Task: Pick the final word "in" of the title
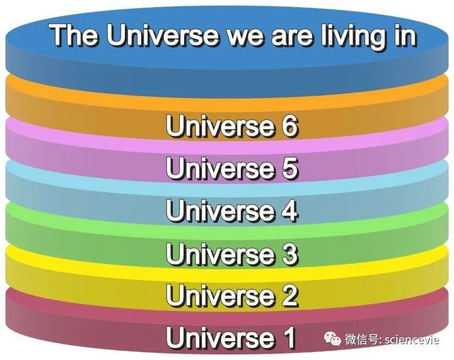pyautogui.click(x=404, y=36)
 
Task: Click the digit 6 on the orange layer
pyautogui.click(x=287, y=127)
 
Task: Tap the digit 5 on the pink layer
pyautogui.click(x=287, y=169)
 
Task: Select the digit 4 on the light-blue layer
pyautogui.click(x=287, y=211)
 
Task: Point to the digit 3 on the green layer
pyautogui.click(x=287, y=254)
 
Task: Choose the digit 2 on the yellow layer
pyautogui.click(x=287, y=294)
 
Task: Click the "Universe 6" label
pyautogui.click(x=231, y=127)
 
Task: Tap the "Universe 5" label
pyautogui.click(x=231, y=169)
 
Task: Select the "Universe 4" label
pyautogui.click(x=231, y=211)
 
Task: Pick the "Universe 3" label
pyautogui.click(x=231, y=254)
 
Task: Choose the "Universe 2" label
pyautogui.click(x=231, y=294)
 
